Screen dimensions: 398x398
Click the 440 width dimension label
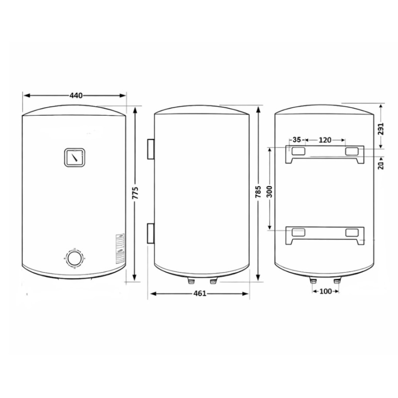76,96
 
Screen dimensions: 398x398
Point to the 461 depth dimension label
200,293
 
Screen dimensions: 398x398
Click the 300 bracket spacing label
269,192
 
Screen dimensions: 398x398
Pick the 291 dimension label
381,129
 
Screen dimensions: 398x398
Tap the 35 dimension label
297,140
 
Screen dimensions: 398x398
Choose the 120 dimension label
325,140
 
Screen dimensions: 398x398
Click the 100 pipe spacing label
326,291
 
